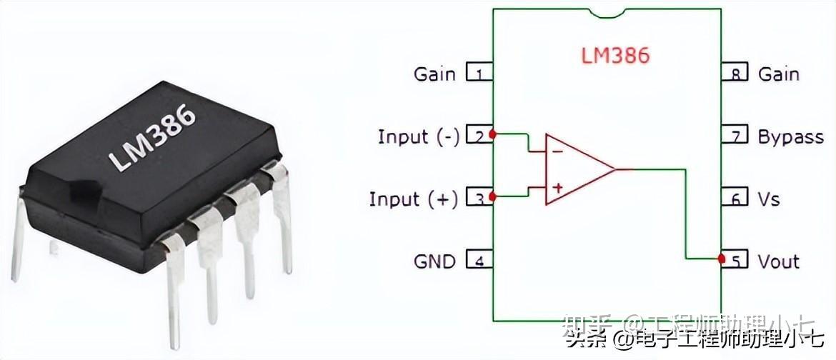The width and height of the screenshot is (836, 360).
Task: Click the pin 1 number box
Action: [479, 73]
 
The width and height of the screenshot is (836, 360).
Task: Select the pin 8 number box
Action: [735, 73]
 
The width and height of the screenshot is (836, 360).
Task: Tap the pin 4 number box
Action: [479, 260]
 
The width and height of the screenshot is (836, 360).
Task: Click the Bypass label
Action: [790, 136]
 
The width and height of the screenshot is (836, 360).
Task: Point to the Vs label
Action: [769, 199]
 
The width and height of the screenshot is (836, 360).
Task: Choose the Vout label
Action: [778, 261]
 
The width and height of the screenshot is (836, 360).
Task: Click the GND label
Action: [434, 261]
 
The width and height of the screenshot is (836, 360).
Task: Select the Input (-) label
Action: [419, 136]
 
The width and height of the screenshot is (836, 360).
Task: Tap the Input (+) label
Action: [414, 199]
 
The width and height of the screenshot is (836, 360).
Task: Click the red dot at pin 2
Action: [493, 133]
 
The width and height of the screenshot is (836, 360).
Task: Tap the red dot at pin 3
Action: [493, 195]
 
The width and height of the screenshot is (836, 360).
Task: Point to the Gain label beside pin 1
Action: [434, 74]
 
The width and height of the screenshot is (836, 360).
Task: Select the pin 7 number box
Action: [735, 135]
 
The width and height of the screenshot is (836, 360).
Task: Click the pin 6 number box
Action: [735, 198]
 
